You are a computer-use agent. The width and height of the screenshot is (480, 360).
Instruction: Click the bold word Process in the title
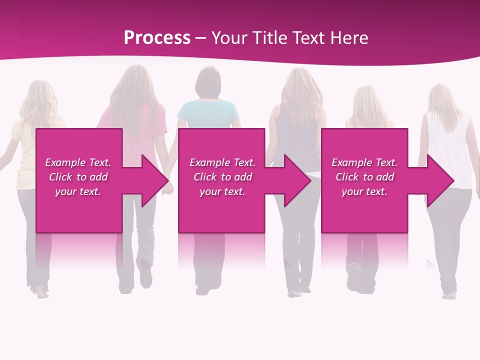coord(157,38)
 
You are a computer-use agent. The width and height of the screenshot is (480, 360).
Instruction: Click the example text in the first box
coord(78,177)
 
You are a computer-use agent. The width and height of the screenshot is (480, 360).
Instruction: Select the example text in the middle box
coord(222,177)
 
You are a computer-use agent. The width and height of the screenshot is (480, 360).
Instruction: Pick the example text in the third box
coord(364,177)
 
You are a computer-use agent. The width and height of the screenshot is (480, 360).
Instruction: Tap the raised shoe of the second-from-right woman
coord(354,278)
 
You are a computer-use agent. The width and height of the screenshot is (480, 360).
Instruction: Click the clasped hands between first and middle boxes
coord(169,187)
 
